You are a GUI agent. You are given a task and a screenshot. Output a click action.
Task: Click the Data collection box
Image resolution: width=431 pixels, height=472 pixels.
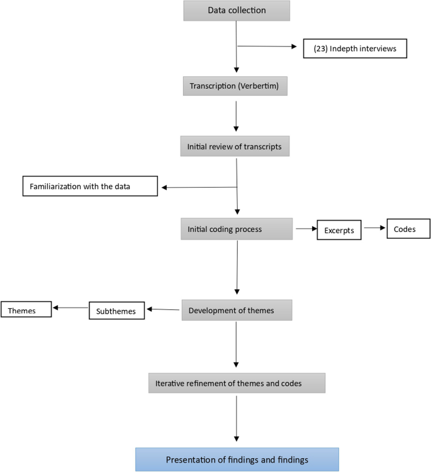pos(237,11)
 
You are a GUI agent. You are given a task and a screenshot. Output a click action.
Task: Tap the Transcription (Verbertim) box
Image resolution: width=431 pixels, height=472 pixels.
pos(235,86)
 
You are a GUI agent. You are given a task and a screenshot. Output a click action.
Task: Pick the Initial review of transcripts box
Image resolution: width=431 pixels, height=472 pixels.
pos(235,146)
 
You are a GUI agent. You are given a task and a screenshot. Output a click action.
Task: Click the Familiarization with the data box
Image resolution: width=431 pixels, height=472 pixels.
pos(89,187)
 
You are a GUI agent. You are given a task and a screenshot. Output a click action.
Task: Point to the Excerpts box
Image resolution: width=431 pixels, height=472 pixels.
pos(340,231)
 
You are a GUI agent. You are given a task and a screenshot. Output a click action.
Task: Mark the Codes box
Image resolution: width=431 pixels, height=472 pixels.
pos(408,229)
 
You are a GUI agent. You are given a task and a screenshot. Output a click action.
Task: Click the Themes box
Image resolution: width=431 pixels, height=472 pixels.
pos(26,309)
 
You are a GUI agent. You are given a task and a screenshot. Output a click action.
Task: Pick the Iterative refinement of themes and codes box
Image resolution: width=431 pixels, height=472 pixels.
pos(237,383)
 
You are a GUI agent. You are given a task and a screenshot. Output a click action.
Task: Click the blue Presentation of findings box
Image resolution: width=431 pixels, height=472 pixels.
pos(237,459)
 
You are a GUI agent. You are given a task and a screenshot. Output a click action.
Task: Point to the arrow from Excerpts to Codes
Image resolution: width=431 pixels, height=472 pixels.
pos(374,229)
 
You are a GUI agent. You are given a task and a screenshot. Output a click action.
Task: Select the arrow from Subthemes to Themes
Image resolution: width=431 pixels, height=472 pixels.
pos(70,308)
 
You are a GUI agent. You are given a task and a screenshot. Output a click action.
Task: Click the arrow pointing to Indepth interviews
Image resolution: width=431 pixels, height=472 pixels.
pos(267,46)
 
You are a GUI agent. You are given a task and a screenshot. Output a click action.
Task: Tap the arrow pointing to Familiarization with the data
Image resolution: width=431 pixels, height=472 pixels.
pos(198,187)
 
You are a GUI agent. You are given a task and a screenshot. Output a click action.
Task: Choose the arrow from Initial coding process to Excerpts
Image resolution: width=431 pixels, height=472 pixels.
pos(305,229)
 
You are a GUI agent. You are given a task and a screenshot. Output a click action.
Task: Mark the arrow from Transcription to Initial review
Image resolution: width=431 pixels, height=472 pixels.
pos(235,115)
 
